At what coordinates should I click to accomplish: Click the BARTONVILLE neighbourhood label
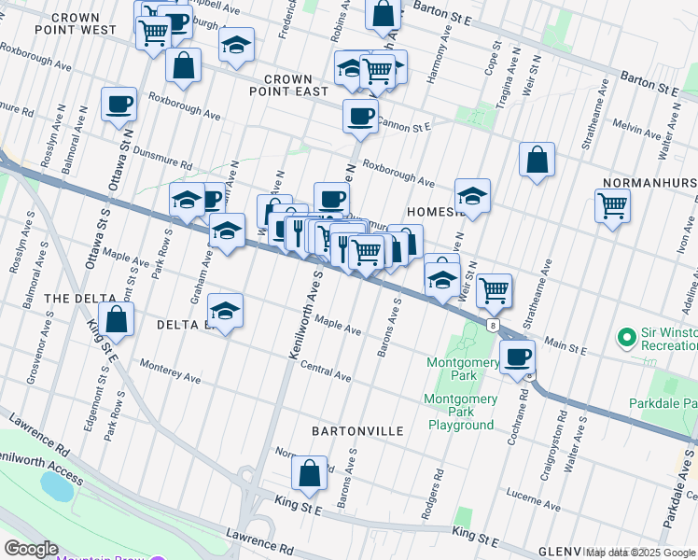click(358, 431)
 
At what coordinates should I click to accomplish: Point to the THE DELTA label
click(82, 298)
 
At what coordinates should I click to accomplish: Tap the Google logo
click(31, 549)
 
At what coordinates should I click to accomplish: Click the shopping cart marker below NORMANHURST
click(612, 205)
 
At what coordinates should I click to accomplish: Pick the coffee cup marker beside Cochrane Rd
click(516, 356)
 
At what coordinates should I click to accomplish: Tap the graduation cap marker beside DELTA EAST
click(225, 311)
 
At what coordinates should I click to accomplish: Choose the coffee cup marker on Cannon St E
click(360, 116)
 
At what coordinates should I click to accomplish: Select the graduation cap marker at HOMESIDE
click(472, 196)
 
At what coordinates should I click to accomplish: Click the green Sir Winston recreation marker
click(627, 335)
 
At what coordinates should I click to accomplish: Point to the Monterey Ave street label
click(170, 371)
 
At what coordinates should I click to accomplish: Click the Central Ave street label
click(326, 372)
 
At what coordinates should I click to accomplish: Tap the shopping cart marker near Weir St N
click(494, 289)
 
